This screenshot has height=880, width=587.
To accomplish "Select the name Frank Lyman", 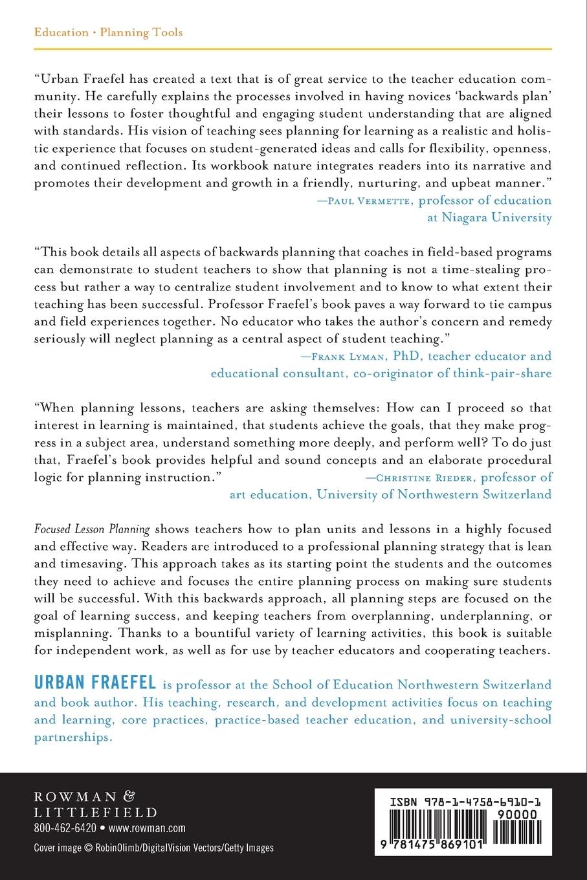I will [x=344, y=356].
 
